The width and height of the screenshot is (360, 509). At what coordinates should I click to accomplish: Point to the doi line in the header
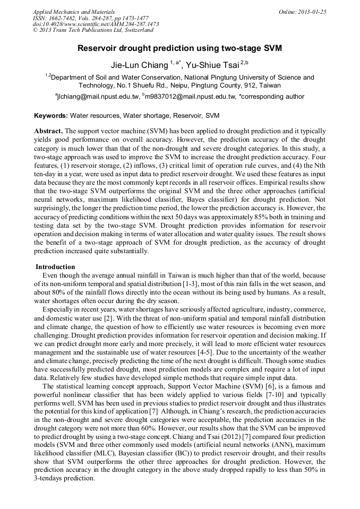tap(96, 24)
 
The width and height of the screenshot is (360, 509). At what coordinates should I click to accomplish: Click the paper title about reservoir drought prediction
tap(179, 48)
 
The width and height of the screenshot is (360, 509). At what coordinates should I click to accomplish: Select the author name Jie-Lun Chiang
tap(139, 65)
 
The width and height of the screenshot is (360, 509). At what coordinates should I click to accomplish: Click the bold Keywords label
tap(51, 115)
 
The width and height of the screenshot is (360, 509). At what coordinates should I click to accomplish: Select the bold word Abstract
tap(48, 131)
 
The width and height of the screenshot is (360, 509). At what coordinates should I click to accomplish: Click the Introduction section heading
tap(55, 266)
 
